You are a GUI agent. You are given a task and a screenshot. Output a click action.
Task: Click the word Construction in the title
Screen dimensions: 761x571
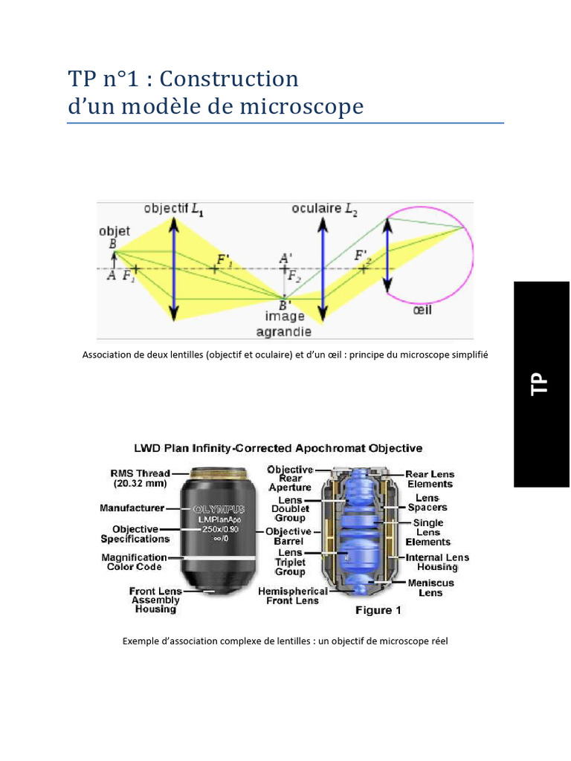[x=229, y=79]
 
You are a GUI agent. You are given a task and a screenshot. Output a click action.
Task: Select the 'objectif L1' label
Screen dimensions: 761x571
[x=174, y=209]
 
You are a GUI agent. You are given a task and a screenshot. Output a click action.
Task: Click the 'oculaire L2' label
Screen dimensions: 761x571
[x=325, y=209]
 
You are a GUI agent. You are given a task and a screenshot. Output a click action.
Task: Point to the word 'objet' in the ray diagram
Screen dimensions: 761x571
[x=114, y=231]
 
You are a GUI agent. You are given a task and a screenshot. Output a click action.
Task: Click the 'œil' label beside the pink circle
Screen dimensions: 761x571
[x=422, y=309]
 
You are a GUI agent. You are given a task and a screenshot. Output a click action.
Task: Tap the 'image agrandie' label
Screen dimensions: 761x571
[x=285, y=324]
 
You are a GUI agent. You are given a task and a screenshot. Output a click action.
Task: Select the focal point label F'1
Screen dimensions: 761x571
[x=224, y=259]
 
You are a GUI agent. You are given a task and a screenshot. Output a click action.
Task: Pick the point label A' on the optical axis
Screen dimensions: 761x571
[x=285, y=259]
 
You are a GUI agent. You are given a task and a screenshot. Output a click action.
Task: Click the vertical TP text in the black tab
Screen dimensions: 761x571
[x=540, y=383]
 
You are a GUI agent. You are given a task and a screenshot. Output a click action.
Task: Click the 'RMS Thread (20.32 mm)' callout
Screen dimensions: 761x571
[x=140, y=478]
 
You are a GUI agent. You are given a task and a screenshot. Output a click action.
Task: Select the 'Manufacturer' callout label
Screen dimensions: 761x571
[x=132, y=508]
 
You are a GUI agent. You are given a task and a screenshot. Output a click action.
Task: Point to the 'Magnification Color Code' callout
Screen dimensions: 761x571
[x=134, y=562]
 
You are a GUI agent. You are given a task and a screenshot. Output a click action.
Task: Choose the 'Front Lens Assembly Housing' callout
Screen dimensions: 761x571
[x=155, y=600]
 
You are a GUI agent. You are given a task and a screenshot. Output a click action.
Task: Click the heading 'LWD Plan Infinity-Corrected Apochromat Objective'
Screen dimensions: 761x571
[x=277, y=448]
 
